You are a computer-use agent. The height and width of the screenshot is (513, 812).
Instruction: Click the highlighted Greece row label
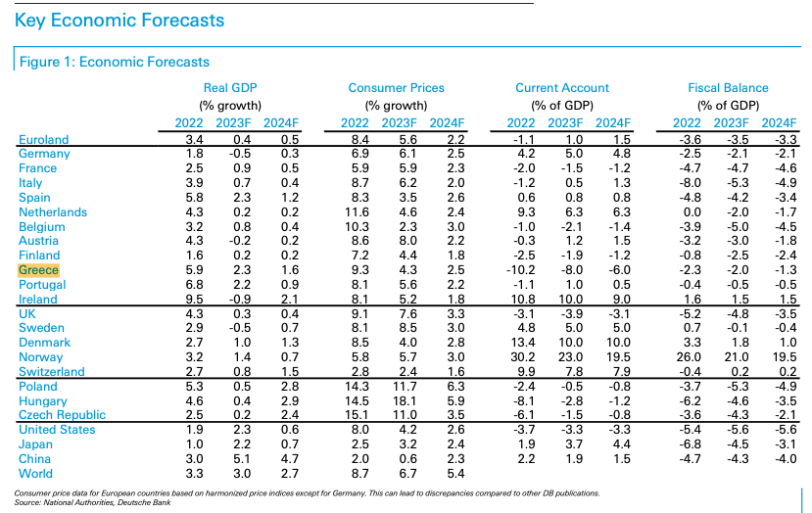point(38,270)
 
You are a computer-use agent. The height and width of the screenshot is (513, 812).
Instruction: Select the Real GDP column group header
point(230,88)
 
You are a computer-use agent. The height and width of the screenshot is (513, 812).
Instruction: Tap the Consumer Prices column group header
point(396,88)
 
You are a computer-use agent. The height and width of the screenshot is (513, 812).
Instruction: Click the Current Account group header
point(562,88)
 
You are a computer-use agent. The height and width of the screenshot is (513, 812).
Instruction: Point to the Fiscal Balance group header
point(728,88)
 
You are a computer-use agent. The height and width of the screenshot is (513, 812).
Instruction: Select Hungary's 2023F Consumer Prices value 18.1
point(405,401)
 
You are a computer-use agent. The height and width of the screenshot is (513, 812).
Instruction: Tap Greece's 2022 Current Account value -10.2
point(520,270)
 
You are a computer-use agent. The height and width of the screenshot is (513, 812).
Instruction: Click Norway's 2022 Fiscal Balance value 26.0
point(689,357)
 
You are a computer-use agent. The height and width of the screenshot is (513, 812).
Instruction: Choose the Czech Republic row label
point(62,415)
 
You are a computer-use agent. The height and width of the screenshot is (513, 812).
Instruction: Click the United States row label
point(57,430)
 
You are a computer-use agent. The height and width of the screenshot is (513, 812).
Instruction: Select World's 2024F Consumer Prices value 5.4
point(455,474)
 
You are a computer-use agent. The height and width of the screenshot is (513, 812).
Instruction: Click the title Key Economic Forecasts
point(119,21)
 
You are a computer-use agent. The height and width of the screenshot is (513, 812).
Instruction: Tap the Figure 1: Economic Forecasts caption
point(115,62)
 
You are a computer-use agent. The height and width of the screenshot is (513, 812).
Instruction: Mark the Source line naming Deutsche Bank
point(93,502)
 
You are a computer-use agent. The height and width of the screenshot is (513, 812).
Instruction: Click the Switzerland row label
point(52,372)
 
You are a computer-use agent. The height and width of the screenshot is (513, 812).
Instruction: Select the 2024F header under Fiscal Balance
point(779,123)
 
